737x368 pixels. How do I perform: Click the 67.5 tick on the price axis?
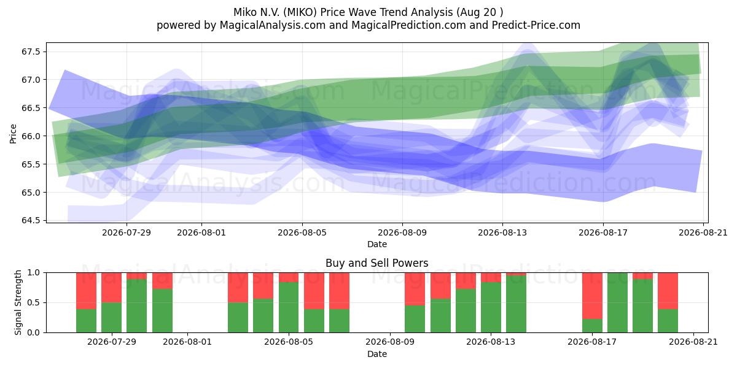[x=31, y=52]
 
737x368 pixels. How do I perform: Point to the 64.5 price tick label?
[x=31, y=220]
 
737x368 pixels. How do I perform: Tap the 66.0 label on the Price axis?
[x=31, y=136]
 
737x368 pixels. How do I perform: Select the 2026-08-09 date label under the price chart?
[x=402, y=232]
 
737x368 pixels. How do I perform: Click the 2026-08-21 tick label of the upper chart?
[x=703, y=232]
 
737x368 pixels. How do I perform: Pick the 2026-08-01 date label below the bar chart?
[x=187, y=342]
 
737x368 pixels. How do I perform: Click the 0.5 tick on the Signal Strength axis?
[x=34, y=302]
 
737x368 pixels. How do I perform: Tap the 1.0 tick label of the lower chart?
[x=34, y=272]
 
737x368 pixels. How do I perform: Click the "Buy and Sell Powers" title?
[x=376, y=263]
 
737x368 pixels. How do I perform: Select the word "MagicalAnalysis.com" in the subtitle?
[x=273, y=25]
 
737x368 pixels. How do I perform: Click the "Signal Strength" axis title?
[x=18, y=302]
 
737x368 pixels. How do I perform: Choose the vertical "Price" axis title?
[x=13, y=134]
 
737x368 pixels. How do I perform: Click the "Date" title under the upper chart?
[x=377, y=244]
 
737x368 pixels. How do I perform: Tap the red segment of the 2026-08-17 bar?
[x=592, y=296]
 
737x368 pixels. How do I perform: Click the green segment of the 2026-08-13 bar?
[x=491, y=307]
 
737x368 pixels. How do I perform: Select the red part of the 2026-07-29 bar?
[x=111, y=288]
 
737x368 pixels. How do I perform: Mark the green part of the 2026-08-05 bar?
[x=289, y=307]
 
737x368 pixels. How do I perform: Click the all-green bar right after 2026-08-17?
[x=618, y=302]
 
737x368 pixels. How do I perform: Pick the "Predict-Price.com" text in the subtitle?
[x=536, y=25]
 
